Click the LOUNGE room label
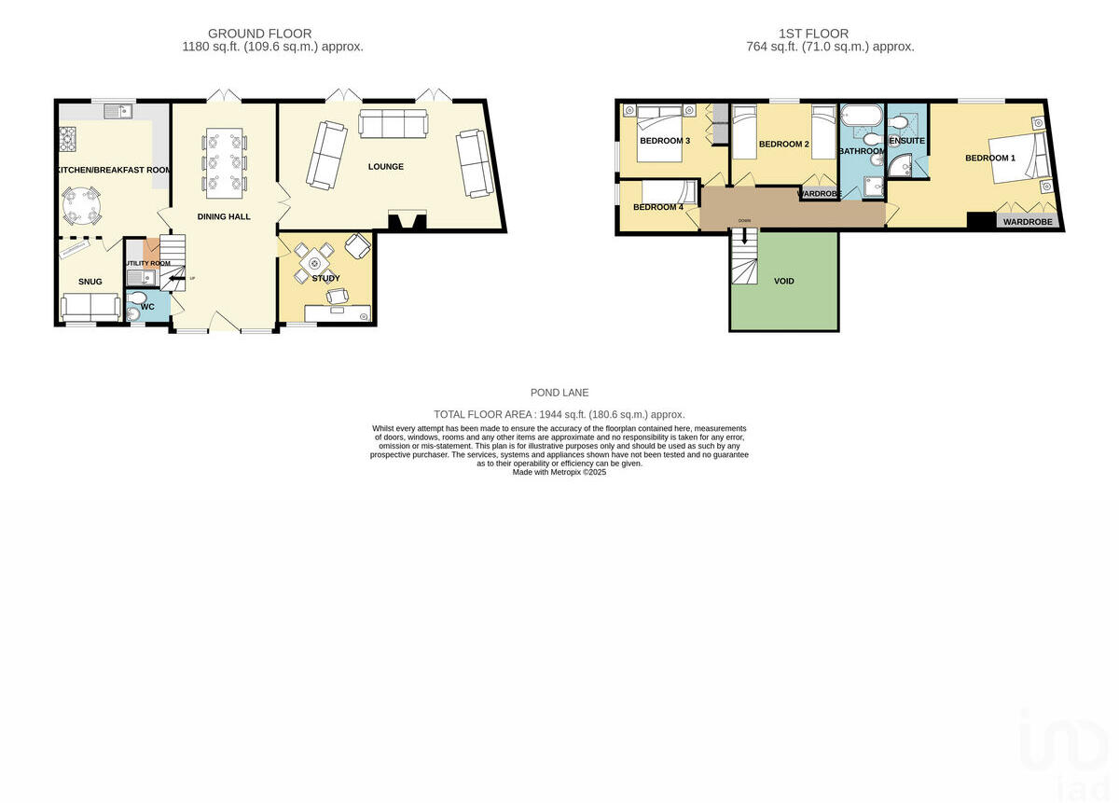(x=385, y=167)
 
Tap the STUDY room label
(x=325, y=278)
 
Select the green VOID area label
(x=784, y=281)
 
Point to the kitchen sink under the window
(x=119, y=112)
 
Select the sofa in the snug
(x=89, y=307)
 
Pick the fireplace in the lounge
(x=407, y=221)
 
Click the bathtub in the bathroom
(x=860, y=118)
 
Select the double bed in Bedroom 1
(x=1021, y=156)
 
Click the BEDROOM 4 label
(x=658, y=207)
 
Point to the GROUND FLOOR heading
(x=259, y=34)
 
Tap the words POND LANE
(x=559, y=393)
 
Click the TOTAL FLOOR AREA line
(x=559, y=414)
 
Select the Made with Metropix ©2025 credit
(x=559, y=473)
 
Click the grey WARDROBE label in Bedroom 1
(x=1028, y=222)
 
